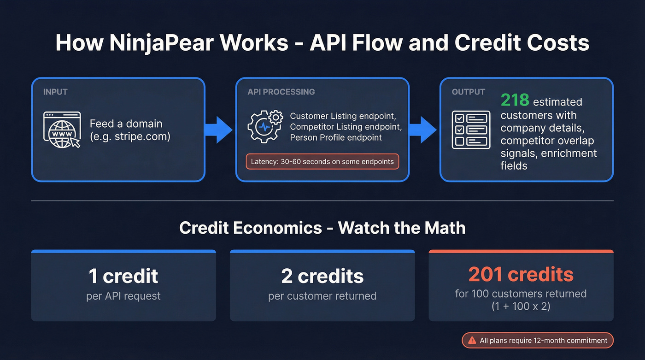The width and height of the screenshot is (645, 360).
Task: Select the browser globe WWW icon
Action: tap(62, 130)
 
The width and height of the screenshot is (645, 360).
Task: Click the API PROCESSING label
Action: tap(281, 92)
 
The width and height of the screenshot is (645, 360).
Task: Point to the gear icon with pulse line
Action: tap(265, 126)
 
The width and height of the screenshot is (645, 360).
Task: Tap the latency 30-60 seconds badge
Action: tap(322, 162)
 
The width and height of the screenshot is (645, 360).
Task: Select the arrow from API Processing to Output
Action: tap(423, 130)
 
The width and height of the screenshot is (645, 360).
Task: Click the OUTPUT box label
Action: tap(469, 92)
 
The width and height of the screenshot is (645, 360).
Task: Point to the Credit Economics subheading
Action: tap(322, 228)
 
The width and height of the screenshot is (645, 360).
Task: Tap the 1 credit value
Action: tap(123, 276)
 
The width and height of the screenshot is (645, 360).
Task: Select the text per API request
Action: tap(123, 296)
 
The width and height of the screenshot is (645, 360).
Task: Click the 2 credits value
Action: tap(322, 276)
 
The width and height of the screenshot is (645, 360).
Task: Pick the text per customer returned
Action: tap(322, 296)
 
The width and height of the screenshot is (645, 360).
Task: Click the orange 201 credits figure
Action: tap(521, 274)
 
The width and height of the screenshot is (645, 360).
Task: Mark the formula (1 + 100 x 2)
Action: tap(521, 306)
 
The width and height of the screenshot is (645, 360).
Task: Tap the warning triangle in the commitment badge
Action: tap(472, 341)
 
